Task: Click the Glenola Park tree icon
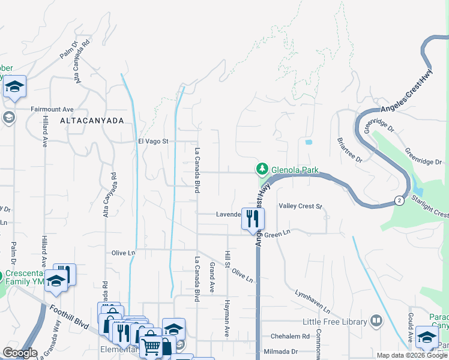pyautogui.click(x=262, y=170)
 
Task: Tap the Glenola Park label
pyautogui.click(x=295, y=170)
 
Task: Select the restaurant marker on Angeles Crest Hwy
pyautogui.click(x=253, y=218)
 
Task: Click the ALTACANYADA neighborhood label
pyautogui.click(x=92, y=121)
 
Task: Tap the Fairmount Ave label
pyautogui.click(x=52, y=109)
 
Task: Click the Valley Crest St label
pyautogui.click(x=301, y=206)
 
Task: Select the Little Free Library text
pyautogui.click(x=335, y=322)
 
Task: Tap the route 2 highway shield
pyautogui.click(x=399, y=199)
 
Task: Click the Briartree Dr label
pyautogui.click(x=349, y=149)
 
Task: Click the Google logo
pyautogui.click(x=20, y=353)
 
